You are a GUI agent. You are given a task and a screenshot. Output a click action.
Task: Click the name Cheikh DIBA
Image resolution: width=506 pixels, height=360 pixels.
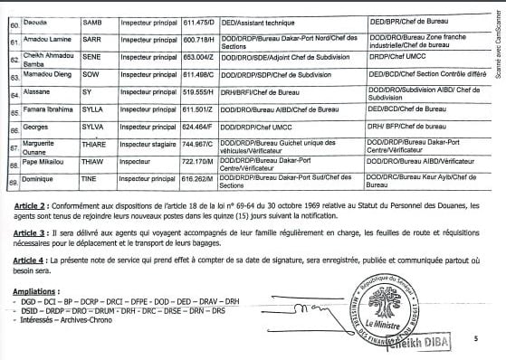click(x=419, y=346)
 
